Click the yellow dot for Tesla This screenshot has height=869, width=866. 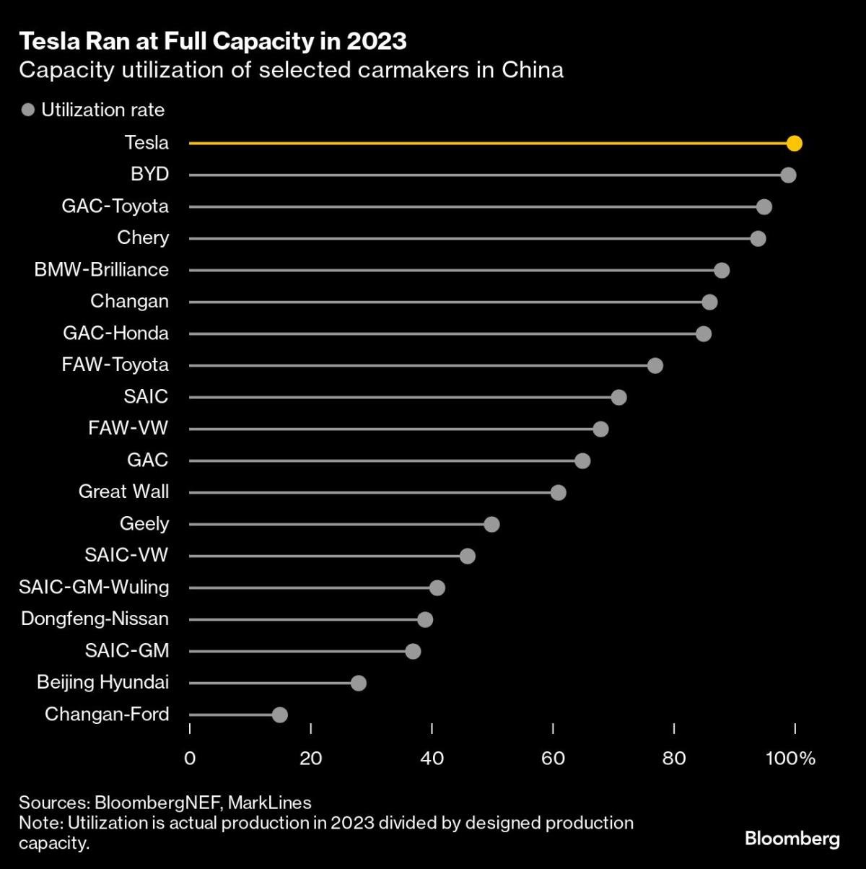(x=795, y=143)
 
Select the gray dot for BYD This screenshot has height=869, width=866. (x=788, y=175)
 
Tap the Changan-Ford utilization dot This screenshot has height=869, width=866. (x=280, y=715)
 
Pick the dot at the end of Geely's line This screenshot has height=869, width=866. (x=491, y=524)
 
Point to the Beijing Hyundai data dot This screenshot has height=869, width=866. (x=359, y=683)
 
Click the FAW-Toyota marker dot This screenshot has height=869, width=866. (x=655, y=365)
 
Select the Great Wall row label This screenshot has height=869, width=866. (x=123, y=492)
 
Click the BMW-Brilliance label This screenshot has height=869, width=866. (x=101, y=269)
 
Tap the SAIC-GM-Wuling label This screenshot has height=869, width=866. (x=94, y=587)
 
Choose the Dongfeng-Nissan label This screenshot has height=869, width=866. (x=95, y=619)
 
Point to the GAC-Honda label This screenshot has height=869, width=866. (x=115, y=333)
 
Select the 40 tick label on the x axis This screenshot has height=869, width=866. (x=432, y=758)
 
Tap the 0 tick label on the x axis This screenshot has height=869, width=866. (x=190, y=758)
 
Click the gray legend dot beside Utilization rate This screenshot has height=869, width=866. (x=29, y=110)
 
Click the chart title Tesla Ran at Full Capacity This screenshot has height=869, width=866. (x=213, y=41)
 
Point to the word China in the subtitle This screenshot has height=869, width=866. (x=534, y=70)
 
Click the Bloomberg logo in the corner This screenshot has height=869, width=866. (x=792, y=839)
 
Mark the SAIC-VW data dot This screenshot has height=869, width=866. (x=468, y=556)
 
